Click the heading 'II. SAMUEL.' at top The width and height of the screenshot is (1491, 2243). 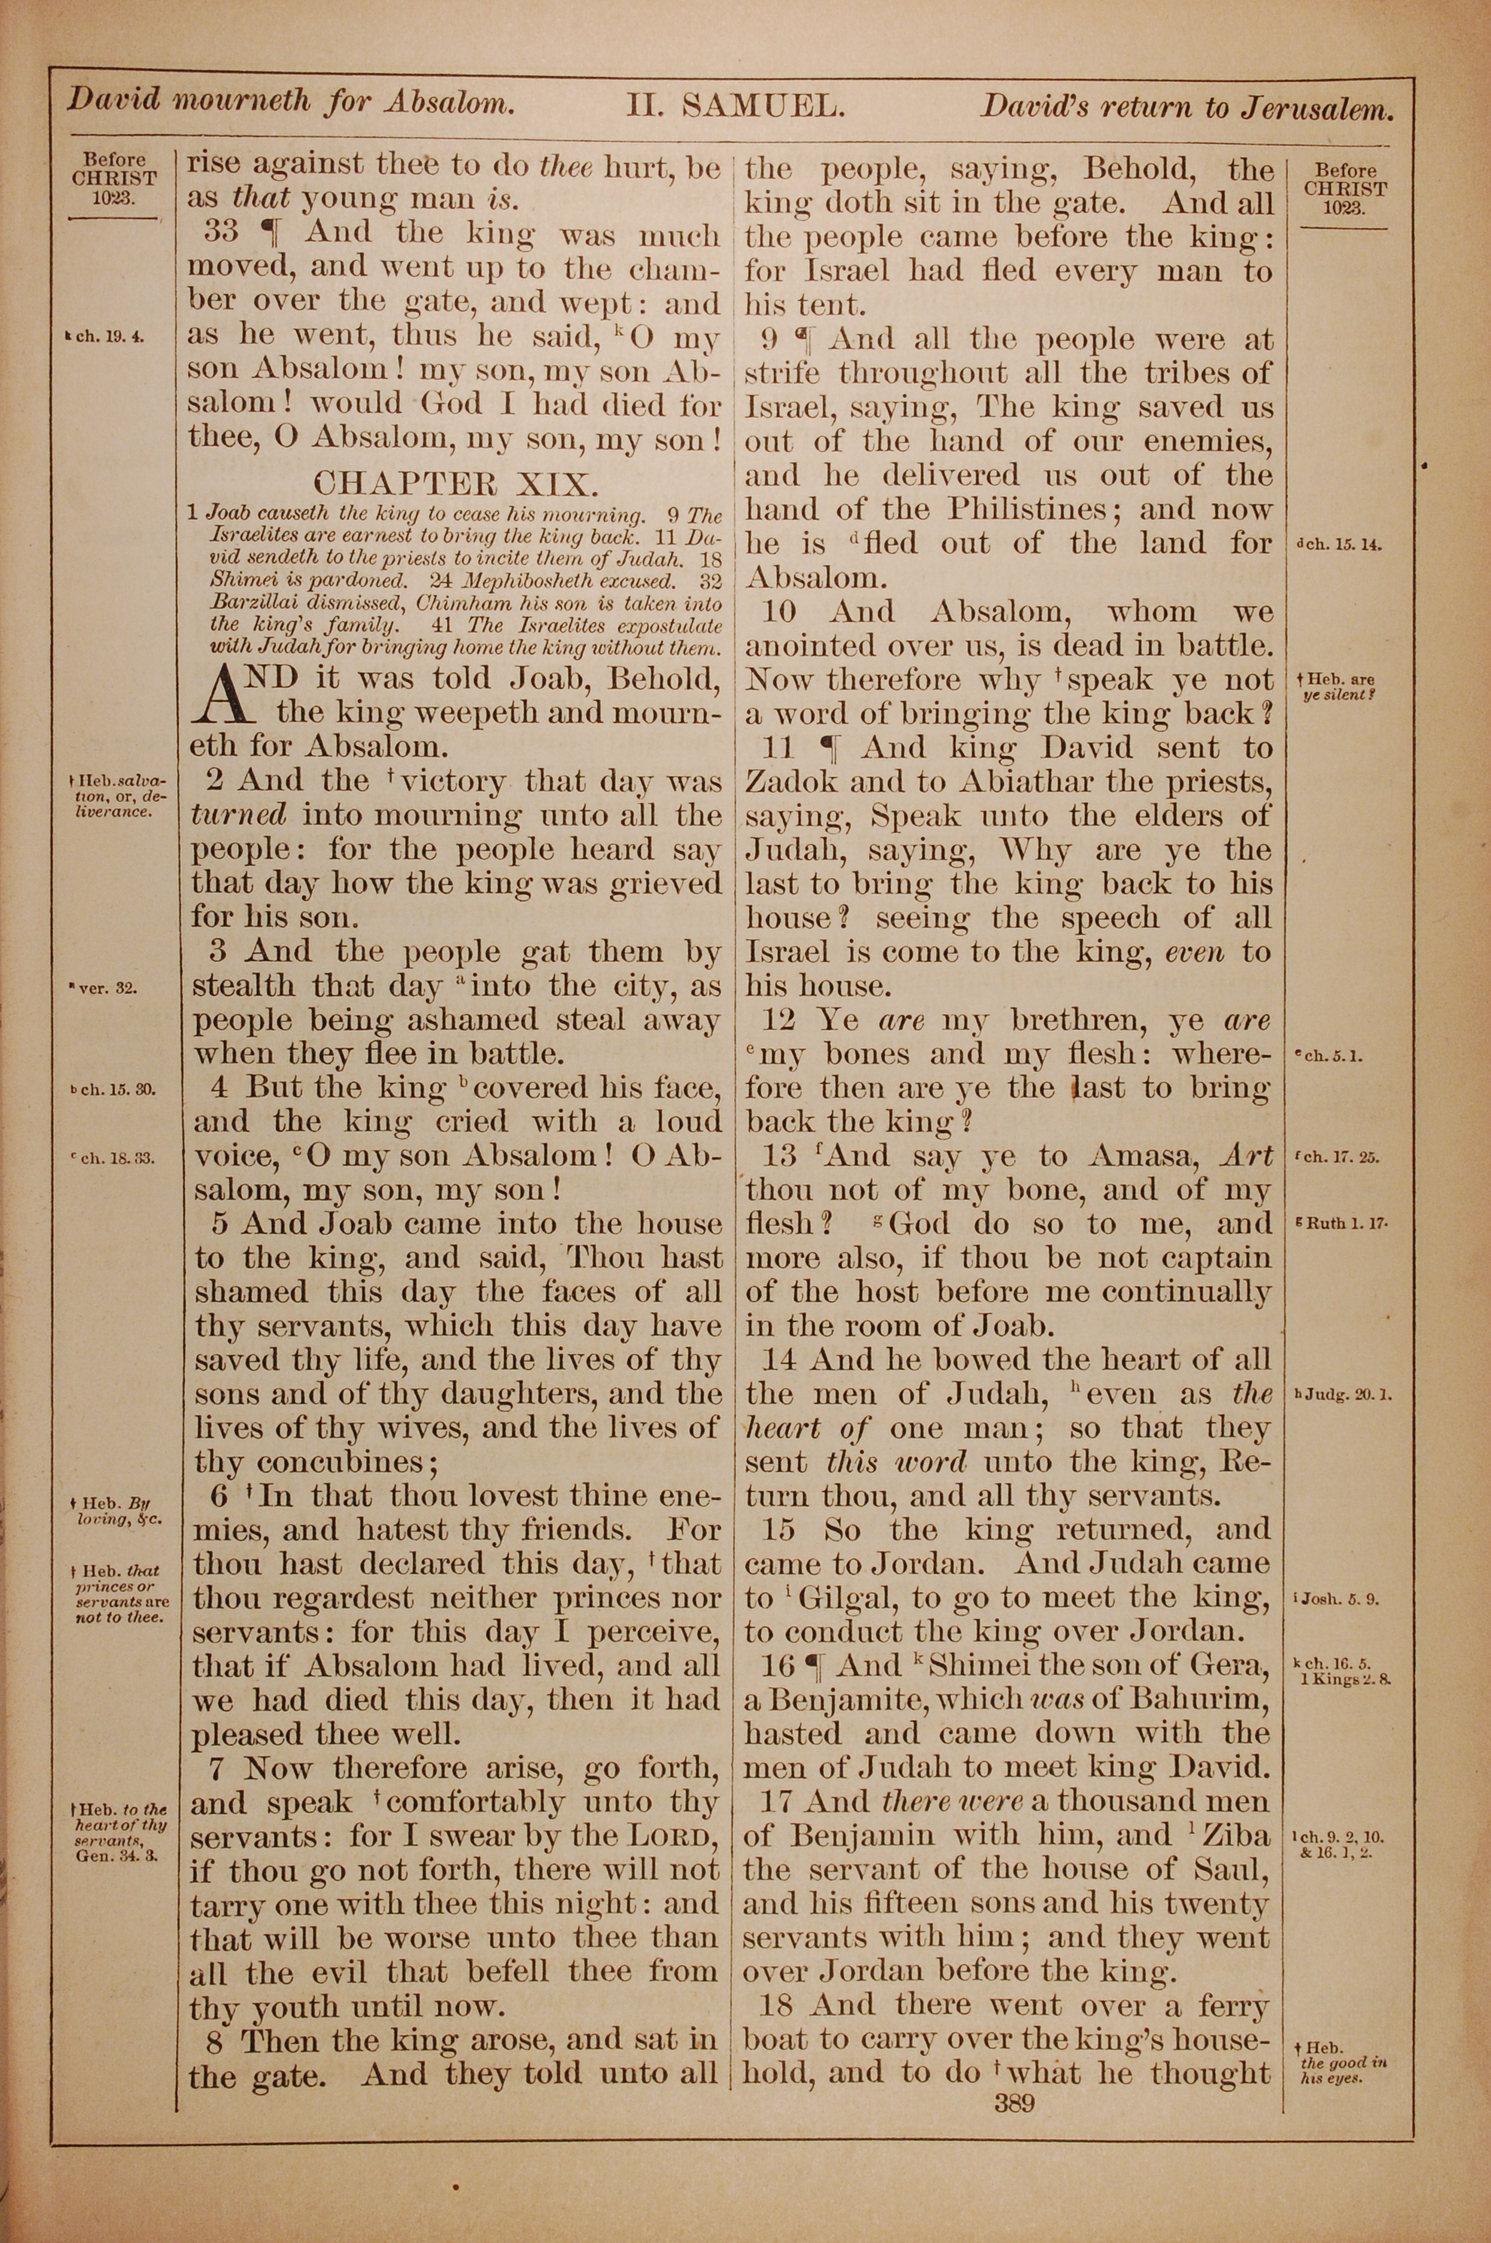point(734,106)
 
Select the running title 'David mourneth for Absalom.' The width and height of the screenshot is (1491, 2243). point(290,101)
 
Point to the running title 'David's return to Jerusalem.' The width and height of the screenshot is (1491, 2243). point(1187,107)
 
